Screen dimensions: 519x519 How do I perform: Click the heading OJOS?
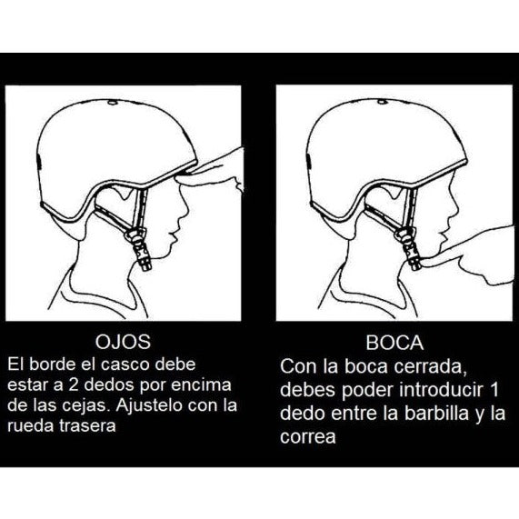[x=123, y=342]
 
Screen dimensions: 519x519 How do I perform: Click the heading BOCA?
[x=394, y=343]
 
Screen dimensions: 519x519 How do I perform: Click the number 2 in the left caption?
[x=73, y=385]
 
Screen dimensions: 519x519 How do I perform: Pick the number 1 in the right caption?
[x=494, y=390]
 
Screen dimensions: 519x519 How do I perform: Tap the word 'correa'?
[x=308, y=437]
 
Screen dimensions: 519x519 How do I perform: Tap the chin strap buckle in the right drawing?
[x=410, y=249]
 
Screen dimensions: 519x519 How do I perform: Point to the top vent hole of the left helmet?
[x=113, y=103]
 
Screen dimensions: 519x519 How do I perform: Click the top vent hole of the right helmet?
[x=383, y=102]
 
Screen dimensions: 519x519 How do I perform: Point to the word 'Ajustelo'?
[x=146, y=405]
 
